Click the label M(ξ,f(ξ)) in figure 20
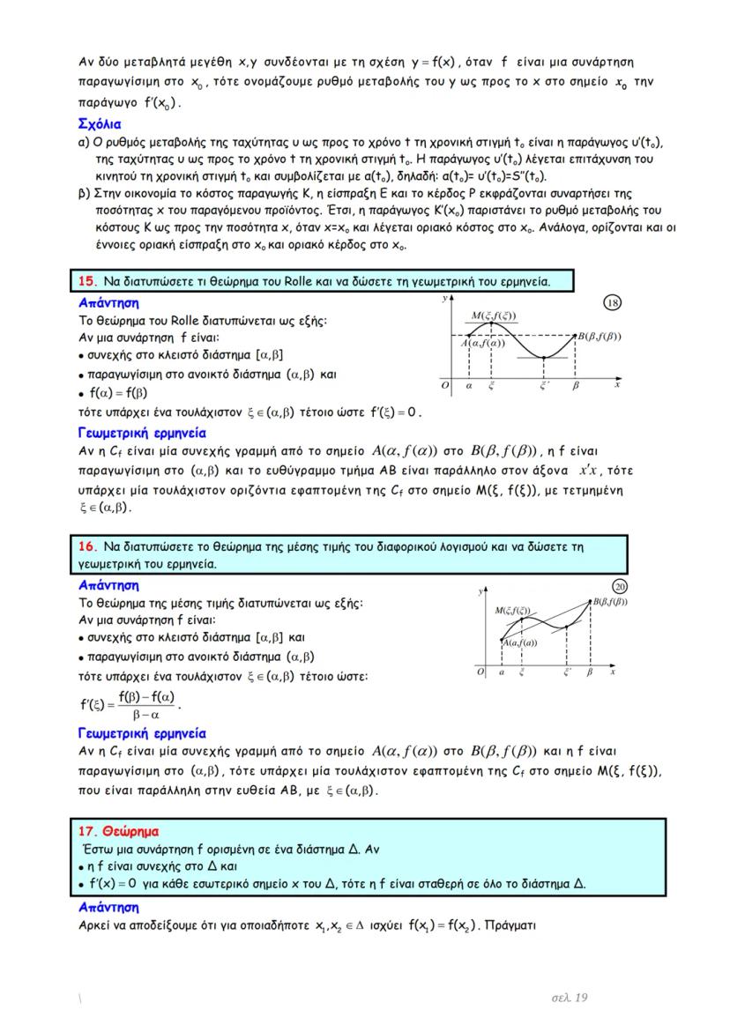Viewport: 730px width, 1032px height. (514, 610)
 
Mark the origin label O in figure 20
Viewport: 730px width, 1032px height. (480, 672)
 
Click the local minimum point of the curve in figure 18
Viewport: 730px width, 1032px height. (544, 357)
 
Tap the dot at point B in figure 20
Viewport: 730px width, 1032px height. (591, 601)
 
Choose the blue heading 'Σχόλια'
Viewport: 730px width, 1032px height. (100, 123)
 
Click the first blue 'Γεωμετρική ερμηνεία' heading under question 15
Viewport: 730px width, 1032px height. (142, 433)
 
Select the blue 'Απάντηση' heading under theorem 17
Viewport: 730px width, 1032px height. (108, 907)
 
